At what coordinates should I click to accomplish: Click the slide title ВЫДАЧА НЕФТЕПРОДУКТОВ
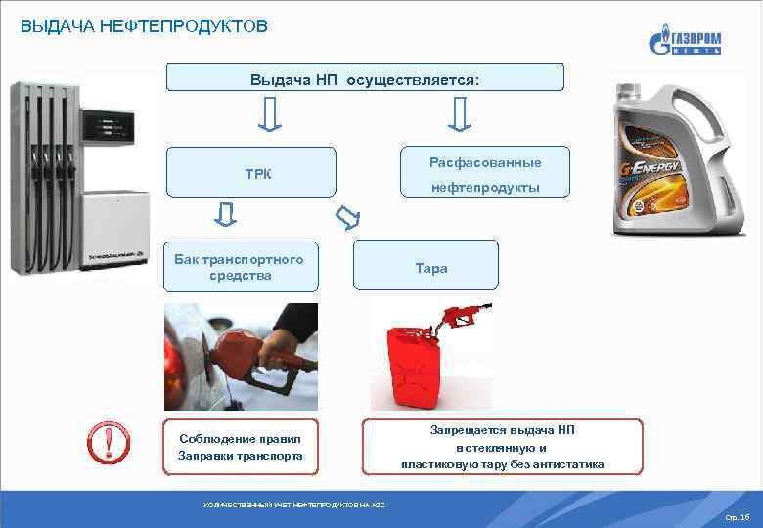point(144,26)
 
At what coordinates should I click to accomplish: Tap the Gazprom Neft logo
point(685,43)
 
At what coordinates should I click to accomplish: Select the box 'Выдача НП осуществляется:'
point(365,77)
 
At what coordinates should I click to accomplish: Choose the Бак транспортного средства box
point(240,267)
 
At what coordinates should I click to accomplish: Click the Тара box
point(426,267)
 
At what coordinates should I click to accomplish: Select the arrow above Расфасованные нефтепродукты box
point(459,117)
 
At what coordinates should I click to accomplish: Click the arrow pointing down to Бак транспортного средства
point(225,214)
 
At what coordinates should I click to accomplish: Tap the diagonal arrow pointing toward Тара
point(347,215)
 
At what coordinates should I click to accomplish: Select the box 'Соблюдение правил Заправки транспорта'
point(241,447)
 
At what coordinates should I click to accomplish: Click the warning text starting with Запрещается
point(503,447)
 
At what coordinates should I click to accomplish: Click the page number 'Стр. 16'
point(738,515)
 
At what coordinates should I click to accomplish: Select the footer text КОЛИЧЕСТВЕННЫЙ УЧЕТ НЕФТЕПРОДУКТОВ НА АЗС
point(294,505)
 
